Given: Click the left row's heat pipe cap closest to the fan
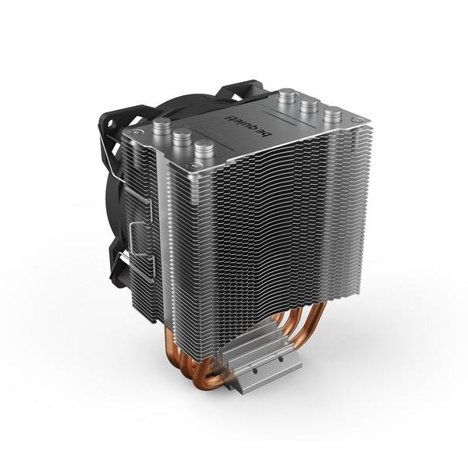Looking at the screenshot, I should (163, 129).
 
